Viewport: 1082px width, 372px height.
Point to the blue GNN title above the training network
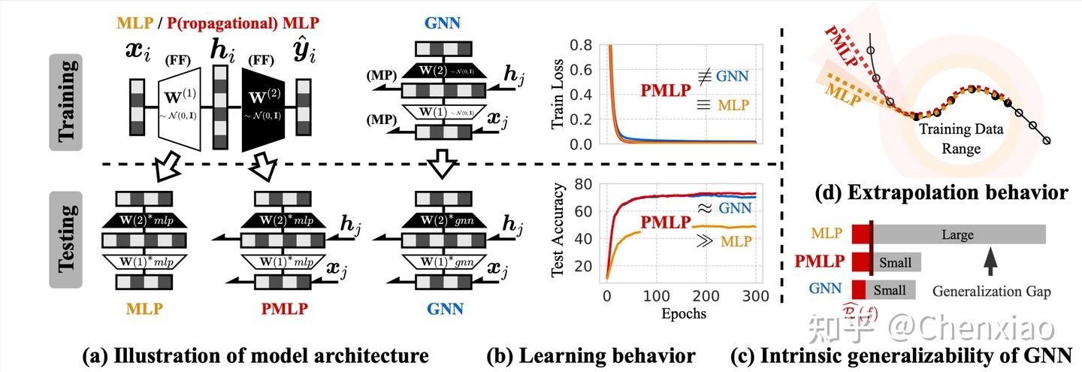[443, 23]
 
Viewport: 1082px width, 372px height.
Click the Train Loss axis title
[558, 94]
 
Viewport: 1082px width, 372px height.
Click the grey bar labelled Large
[958, 234]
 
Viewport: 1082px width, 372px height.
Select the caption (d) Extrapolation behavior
[941, 192]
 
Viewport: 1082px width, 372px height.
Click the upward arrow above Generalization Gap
[990, 262]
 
